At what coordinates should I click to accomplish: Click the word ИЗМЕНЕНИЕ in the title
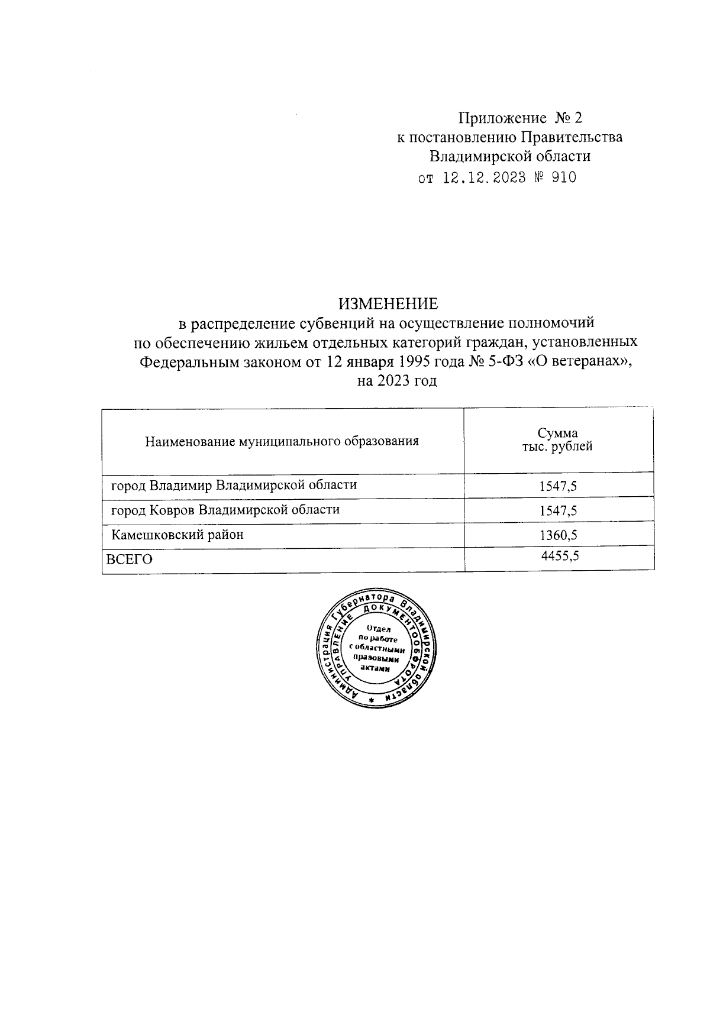388,304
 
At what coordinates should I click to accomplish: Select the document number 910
563,178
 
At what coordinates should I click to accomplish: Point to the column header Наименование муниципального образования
282,441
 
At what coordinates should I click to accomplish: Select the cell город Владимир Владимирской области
234,486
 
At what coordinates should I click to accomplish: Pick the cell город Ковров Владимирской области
225,510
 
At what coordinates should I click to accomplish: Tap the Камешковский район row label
177,535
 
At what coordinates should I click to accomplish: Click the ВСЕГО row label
129,560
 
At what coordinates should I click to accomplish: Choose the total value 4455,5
559,555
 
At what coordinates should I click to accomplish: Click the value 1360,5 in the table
558,536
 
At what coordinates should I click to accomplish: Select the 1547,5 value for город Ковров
558,511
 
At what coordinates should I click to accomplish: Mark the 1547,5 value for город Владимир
558,487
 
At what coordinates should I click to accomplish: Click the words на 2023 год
397,381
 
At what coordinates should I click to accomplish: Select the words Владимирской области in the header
509,157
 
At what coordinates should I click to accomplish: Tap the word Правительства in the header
571,137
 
